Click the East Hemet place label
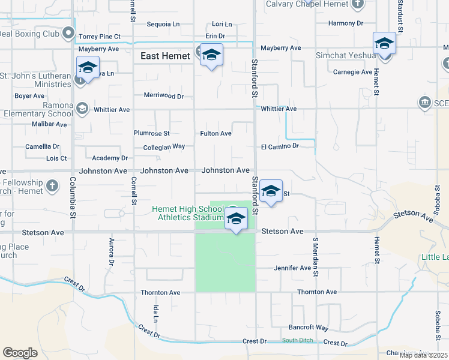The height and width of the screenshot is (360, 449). [165, 56]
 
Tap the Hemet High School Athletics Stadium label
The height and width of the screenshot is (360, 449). [187, 212]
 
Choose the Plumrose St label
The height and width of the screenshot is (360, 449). [152, 133]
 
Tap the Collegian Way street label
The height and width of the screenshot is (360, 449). [164, 146]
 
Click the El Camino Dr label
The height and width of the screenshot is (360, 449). [280, 146]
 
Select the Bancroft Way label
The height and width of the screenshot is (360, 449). [309, 328]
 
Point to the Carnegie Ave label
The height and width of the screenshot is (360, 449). [353, 72]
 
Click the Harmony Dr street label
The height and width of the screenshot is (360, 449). [346, 23]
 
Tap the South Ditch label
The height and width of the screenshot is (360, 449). [298, 341]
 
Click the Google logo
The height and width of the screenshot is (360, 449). [20, 353]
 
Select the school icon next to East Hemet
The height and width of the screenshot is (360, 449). [211, 56]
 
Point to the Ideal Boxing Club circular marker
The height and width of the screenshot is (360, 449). [68, 33]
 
